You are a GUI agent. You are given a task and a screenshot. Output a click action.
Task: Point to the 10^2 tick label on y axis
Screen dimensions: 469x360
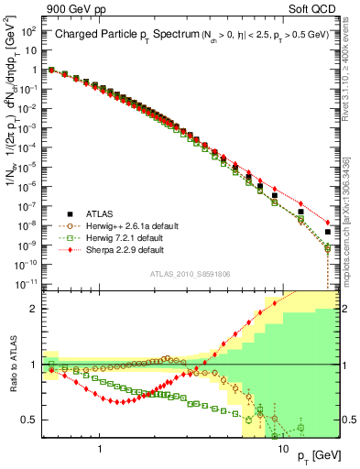29,31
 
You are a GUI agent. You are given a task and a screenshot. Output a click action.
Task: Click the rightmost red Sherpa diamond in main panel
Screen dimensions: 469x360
327,223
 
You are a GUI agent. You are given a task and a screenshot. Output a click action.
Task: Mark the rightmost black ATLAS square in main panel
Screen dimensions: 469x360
327,231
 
